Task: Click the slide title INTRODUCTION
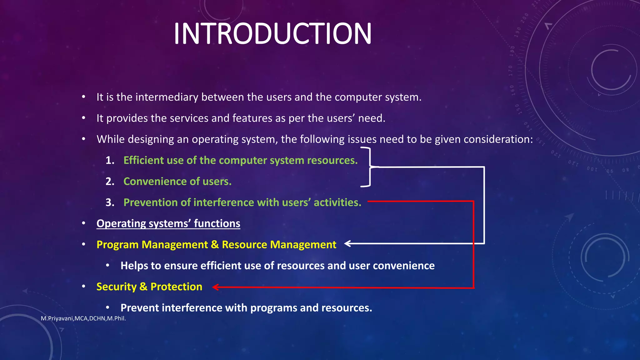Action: tap(272, 34)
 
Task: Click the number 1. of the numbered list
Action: tap(110, 160)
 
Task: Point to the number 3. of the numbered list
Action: tap(110, 202)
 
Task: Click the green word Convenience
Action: tap(155, 181)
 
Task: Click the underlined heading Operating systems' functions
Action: tap(168, 223)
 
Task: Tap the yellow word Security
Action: tap(116, 287)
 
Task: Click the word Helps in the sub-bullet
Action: tap(134, 266)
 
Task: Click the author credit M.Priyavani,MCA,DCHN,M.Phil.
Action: tap(83, 318)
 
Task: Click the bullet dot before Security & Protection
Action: tap(83, 287)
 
